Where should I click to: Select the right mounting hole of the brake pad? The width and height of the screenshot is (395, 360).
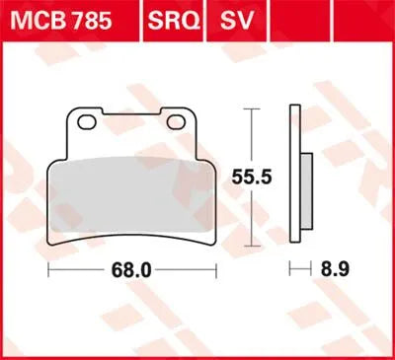[x=178, y=122]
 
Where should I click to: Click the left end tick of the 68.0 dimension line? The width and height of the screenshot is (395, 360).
[x=48, y=267]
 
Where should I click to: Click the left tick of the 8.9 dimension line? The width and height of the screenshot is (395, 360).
[x=290, y=267]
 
